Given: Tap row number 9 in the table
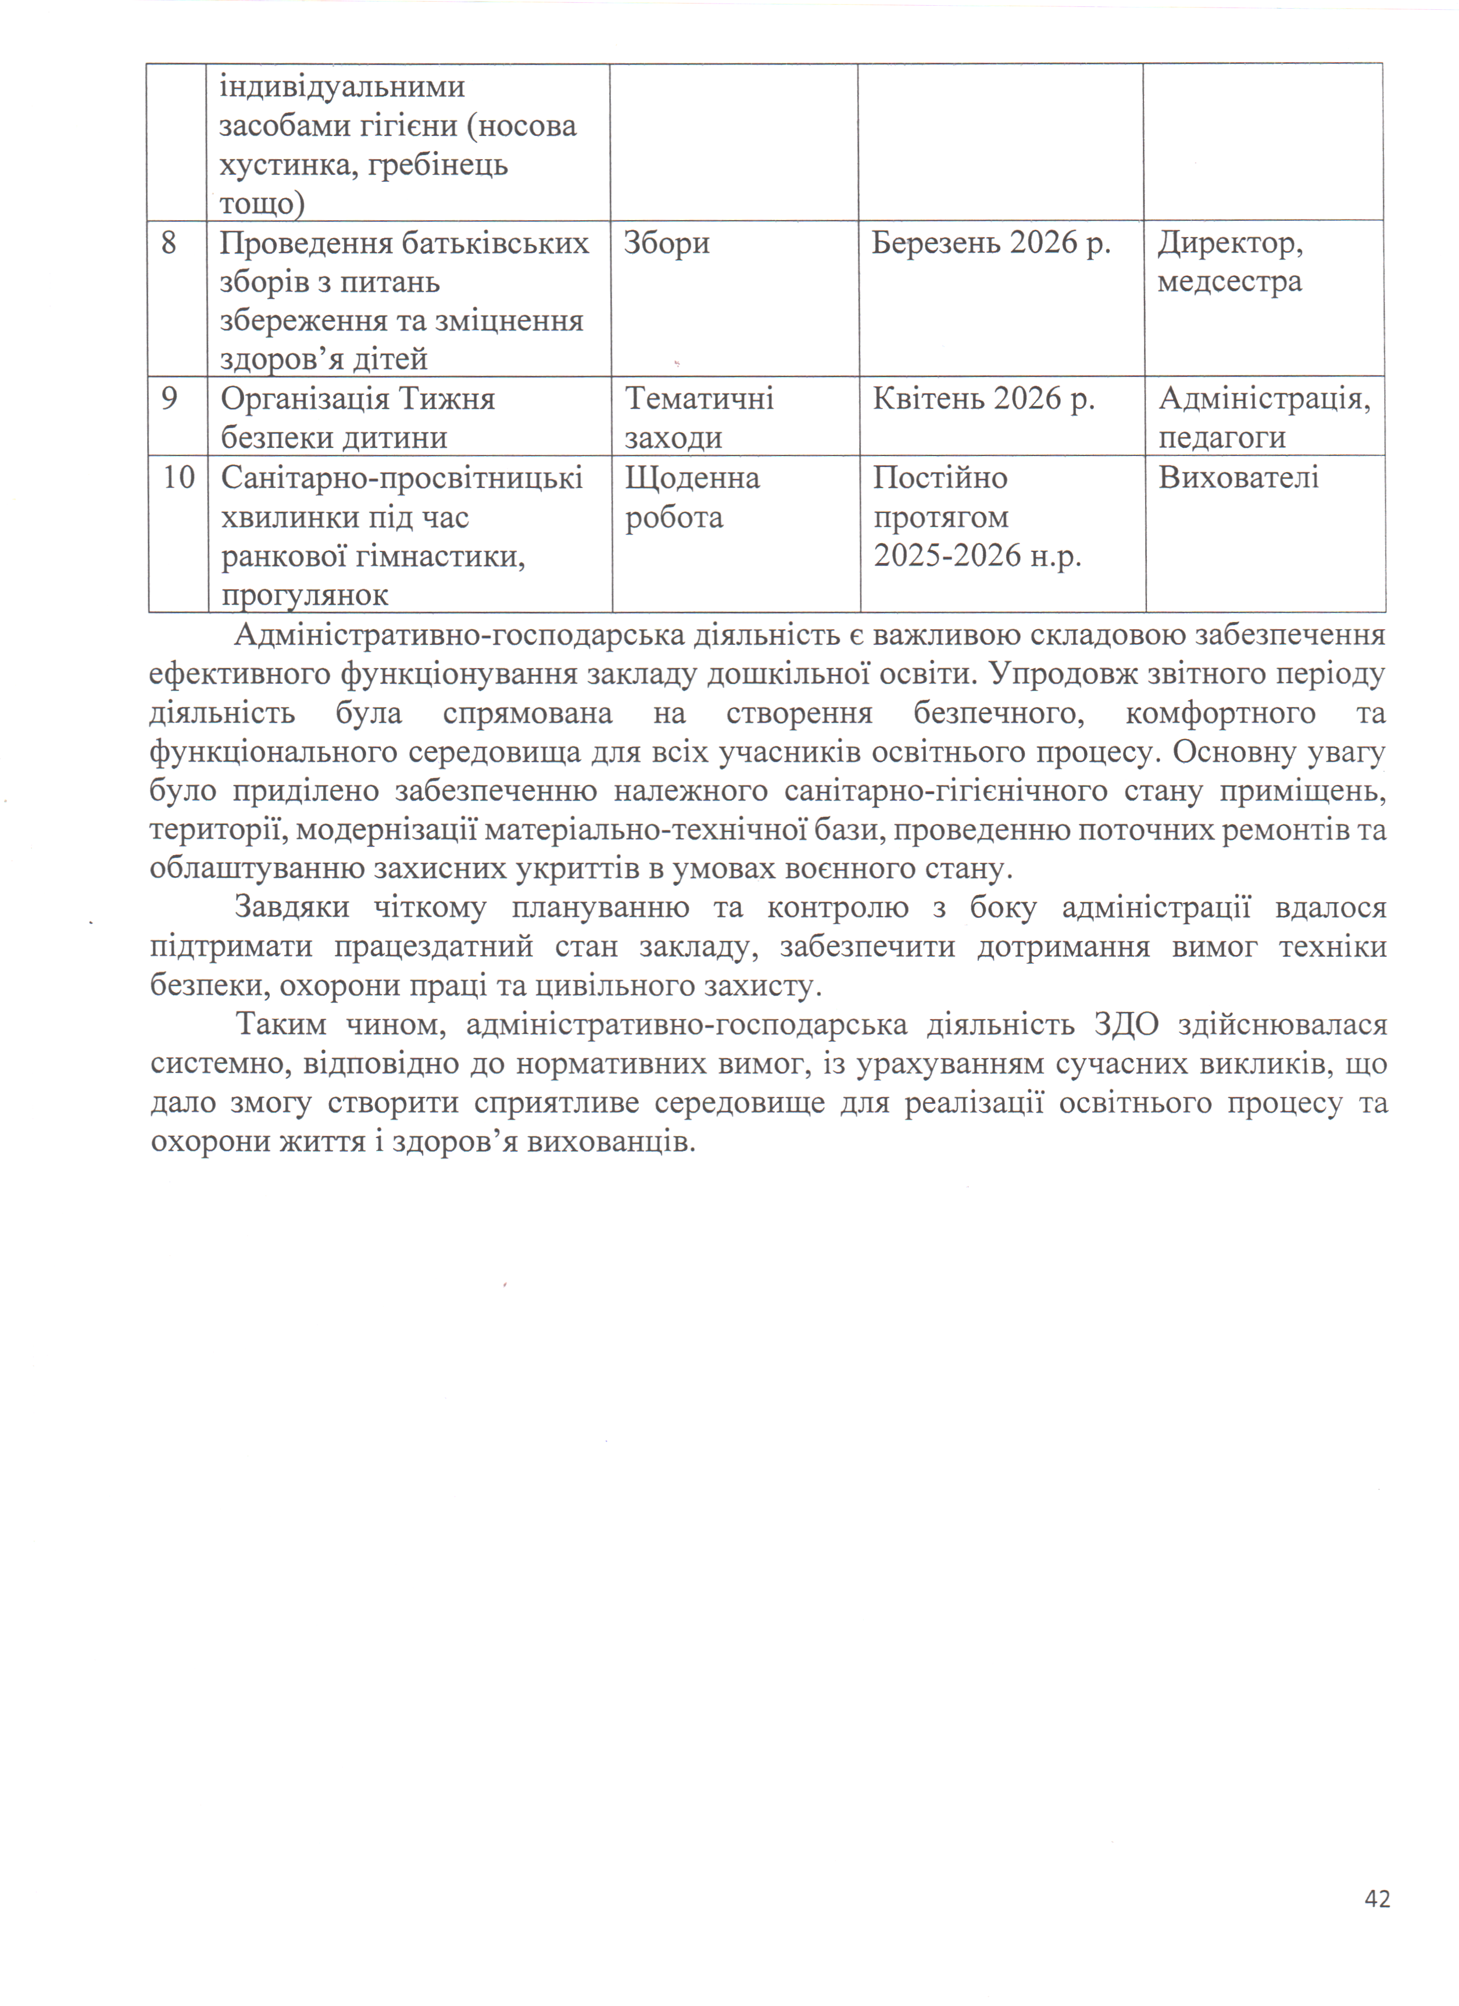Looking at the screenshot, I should [169, 399].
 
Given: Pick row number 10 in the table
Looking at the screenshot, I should [178, 478].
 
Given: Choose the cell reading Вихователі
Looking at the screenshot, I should [1238, 478].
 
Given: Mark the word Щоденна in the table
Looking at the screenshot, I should [692, 478].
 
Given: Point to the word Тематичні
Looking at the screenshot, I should [699, 399].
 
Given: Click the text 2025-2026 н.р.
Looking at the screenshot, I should [977, 555].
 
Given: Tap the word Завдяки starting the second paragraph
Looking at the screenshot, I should [292, 907].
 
